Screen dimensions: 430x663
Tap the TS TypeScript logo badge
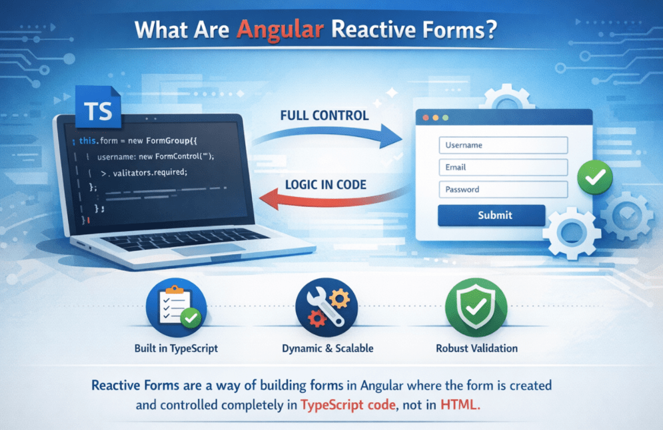(x=99, y=111)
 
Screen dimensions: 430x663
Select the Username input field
(x=502, y=145)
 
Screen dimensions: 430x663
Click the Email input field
(x=502, y=167)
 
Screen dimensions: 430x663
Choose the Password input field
(x=502, y=189)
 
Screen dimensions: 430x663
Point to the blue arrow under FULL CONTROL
(x=327, y=136)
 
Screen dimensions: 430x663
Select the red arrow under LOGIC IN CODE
(x=327, y=198)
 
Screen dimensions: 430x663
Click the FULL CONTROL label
(x=325, y=115)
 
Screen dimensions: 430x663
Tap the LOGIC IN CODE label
(x=325, y=184)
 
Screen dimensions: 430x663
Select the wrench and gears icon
(x=327, y=308)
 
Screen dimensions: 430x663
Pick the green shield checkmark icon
(x=476, y=308)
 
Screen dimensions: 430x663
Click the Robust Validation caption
(x=476, y=348)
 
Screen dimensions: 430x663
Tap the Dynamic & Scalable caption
(x=327, y=348)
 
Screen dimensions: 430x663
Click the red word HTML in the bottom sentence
(x=459, y=404)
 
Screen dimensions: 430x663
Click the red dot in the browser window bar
(x=426, y=117)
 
